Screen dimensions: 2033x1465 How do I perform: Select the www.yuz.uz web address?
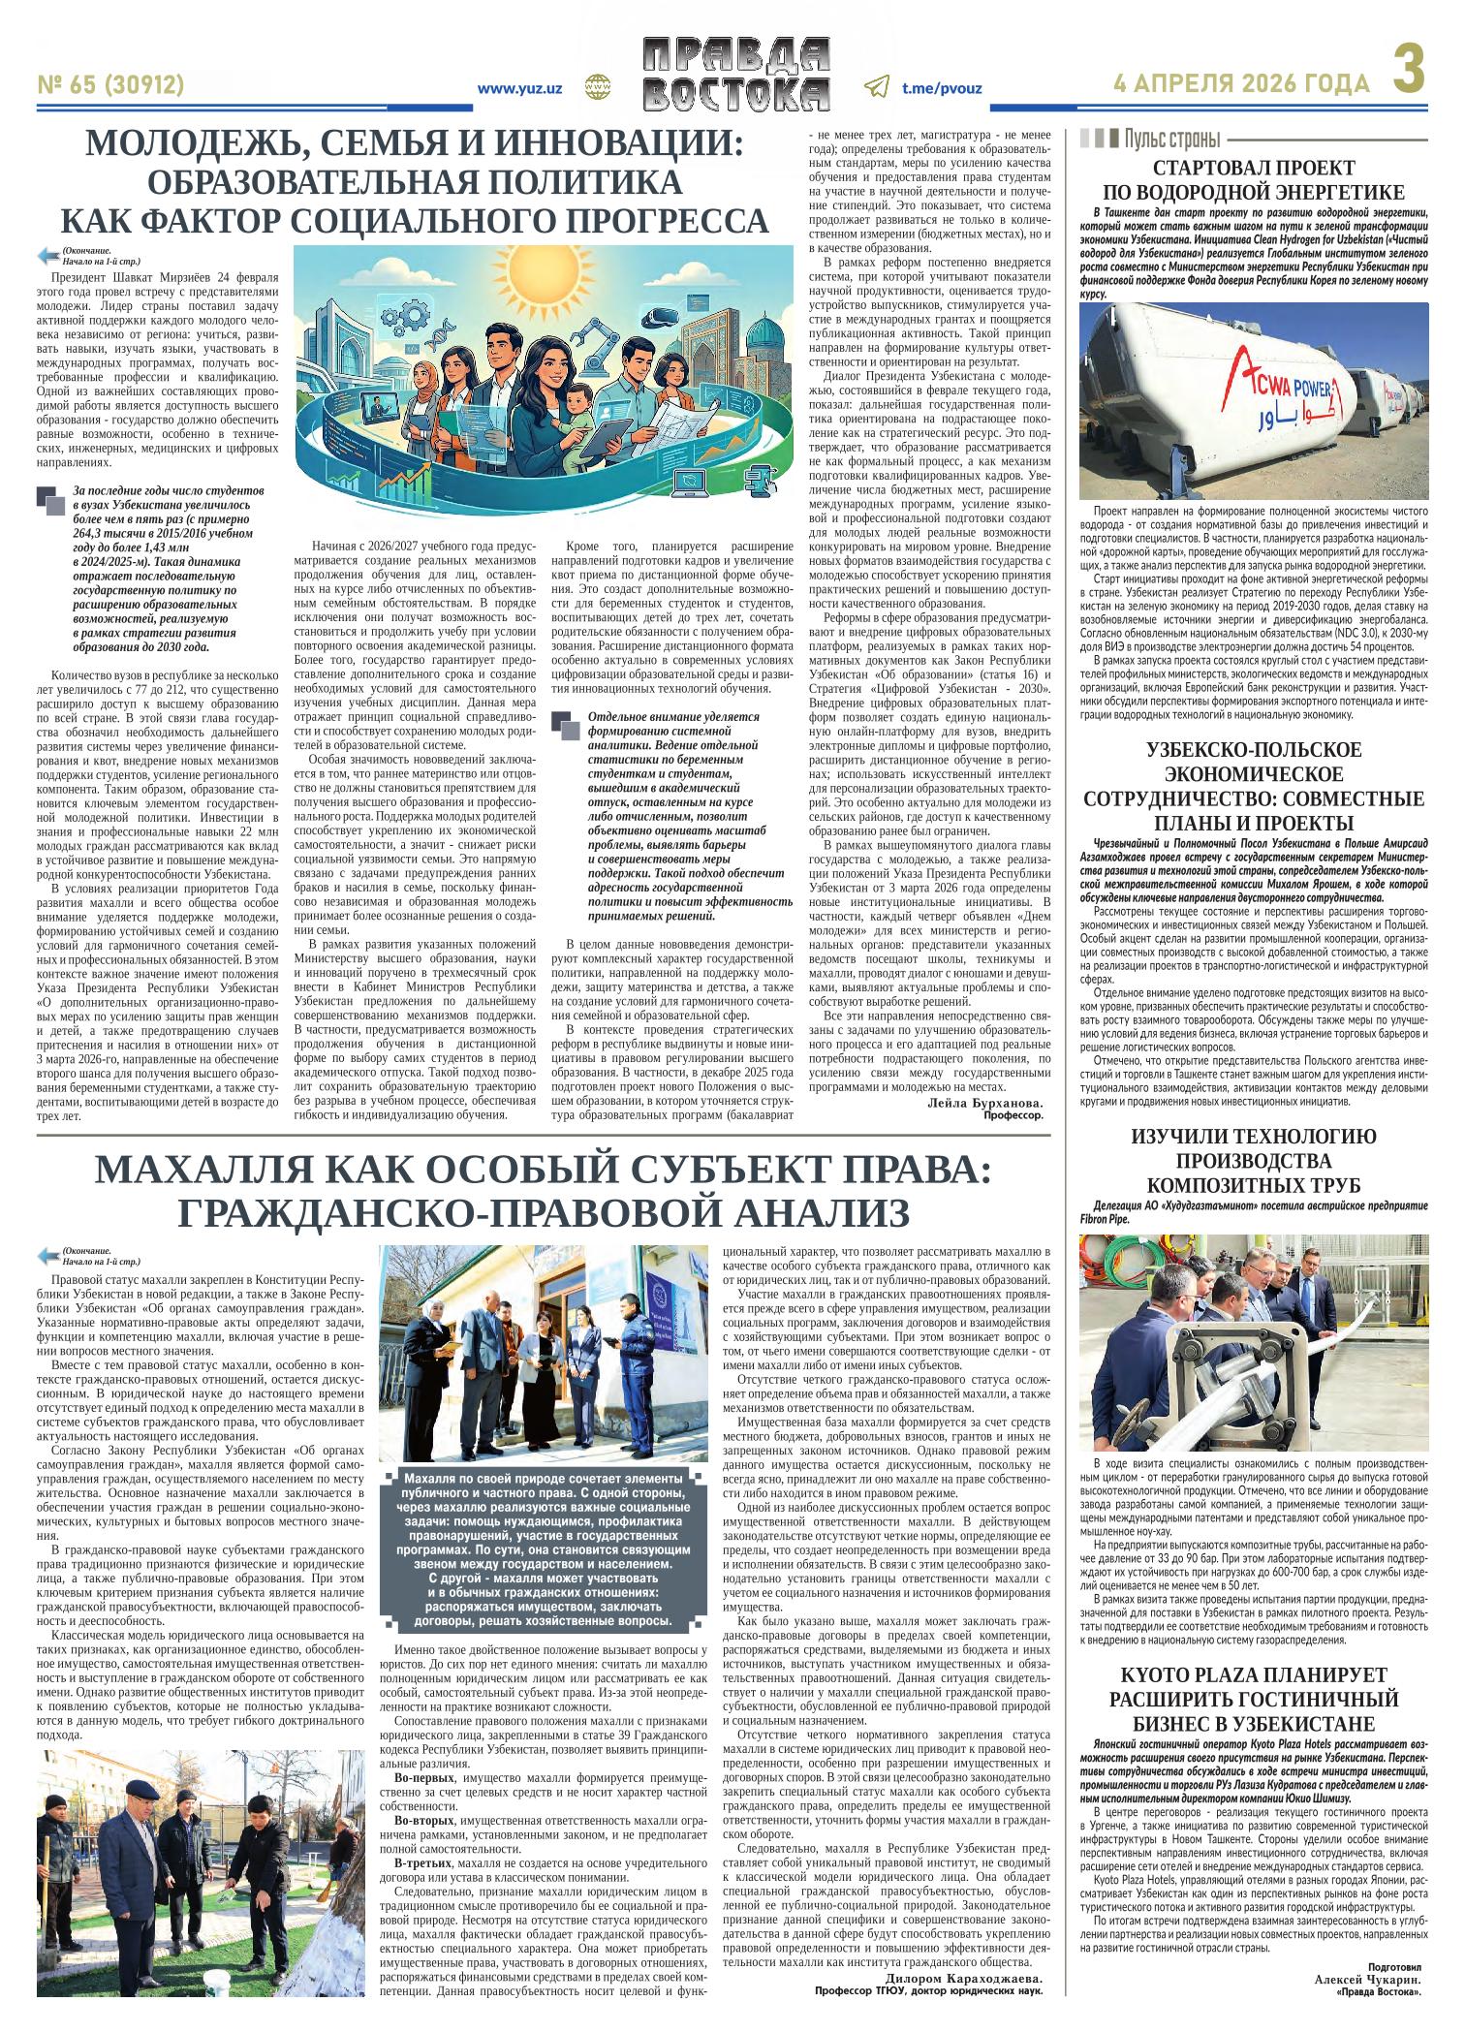(520, 88)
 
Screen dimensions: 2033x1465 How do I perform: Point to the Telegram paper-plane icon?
(876, 87)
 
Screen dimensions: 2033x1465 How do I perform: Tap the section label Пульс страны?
(1171, 138)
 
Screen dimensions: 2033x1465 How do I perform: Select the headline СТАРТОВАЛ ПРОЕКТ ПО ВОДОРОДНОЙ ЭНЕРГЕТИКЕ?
(1253, 179)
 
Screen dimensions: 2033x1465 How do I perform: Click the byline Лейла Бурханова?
(984, 1104)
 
